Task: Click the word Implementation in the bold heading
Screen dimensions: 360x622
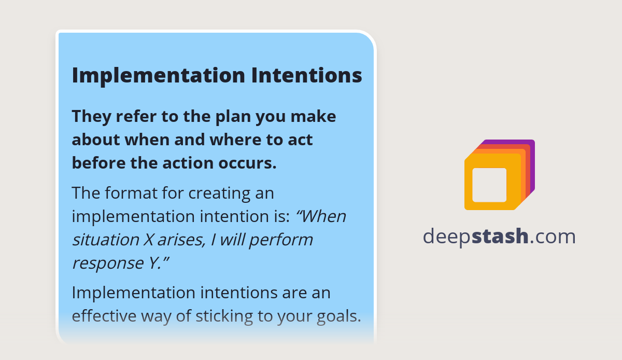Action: (x=158, y=75)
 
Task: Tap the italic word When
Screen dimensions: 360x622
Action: (x=321, y=216)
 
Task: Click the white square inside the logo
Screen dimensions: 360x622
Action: (x=489, y=185)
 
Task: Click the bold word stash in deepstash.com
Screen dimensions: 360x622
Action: (x=500, y=237)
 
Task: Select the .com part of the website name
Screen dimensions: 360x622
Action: (x=553, y=237)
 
